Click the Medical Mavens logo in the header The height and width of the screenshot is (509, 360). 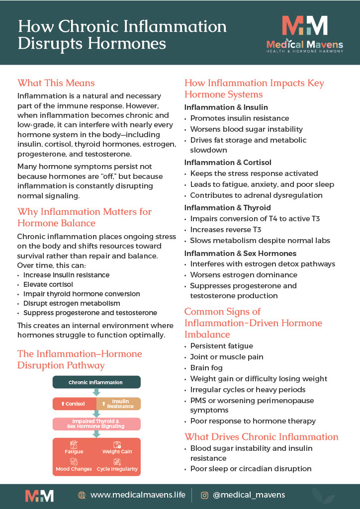[x=304, y=33]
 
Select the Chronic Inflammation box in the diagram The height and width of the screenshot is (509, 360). [x=96, y=382]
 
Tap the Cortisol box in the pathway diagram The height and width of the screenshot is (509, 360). [x=74, y=404]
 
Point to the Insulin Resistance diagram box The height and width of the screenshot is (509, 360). [x=119, y=404]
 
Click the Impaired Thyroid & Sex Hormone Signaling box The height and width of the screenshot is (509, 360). [x=96, y=424]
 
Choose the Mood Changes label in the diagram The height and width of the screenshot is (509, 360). [x=74, y=469]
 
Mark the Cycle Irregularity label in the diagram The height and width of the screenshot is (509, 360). [x=117, y=469]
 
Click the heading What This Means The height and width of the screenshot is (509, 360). [x=56, y=83]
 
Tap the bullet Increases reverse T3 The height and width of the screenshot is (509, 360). [x=226, y=230]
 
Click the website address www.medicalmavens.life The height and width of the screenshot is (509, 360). [x=138, y=495]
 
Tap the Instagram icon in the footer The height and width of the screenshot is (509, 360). [x=204, y=495]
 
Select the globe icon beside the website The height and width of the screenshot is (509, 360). [x=82, y=495]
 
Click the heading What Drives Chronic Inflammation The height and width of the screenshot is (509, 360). [x=262, y=437]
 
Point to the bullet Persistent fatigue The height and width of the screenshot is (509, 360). [x=222, y=346]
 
